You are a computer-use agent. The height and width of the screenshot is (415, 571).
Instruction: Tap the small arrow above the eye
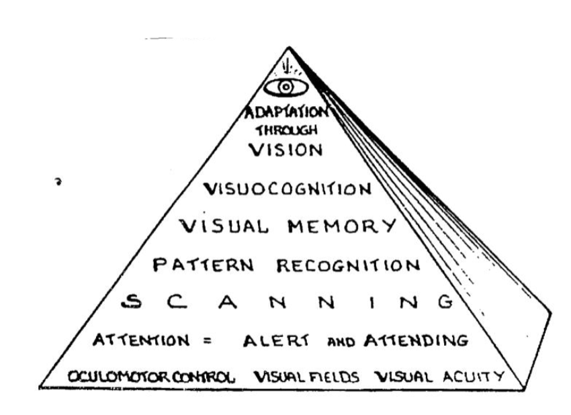[287, 66]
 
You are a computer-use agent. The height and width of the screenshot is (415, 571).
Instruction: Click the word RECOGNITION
[348, 265]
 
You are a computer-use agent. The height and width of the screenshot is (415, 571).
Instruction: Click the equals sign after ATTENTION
[208, 340]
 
